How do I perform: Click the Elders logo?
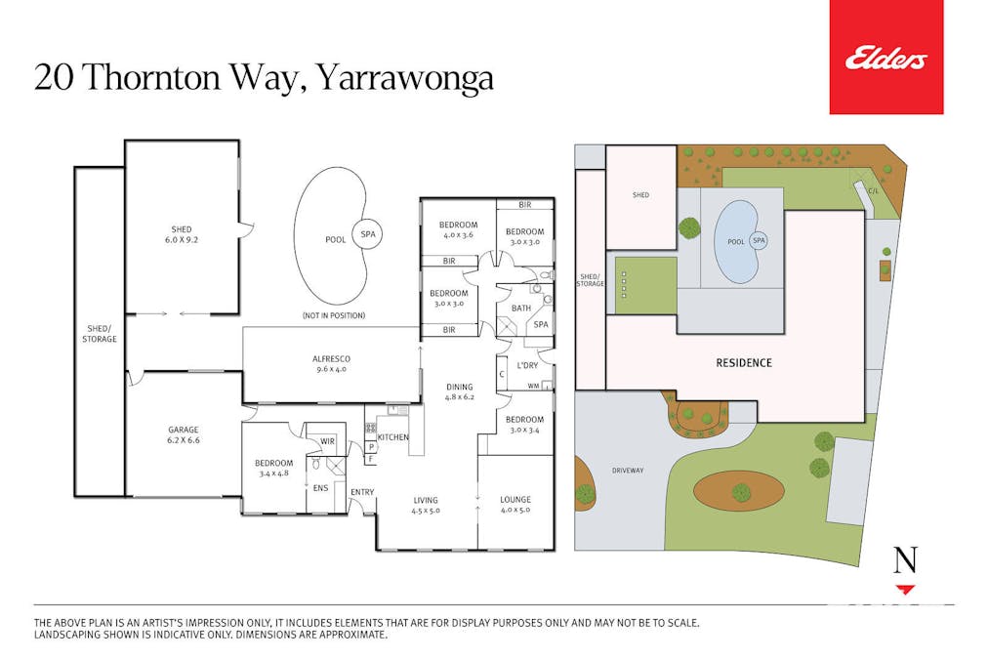coord(885,59)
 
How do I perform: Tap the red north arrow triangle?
coord(905,590)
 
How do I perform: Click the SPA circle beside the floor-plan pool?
coord(368,234)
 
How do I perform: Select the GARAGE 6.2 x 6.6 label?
coord(184,434)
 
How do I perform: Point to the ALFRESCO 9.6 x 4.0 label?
coord(331,363)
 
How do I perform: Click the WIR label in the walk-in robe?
coord(327,441)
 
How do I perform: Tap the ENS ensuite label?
coord(321,487)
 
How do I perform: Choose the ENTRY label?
coord(362,492)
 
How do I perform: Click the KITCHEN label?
coord(393,436)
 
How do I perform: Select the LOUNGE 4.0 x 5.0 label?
coord(515,504)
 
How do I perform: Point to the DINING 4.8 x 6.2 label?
coord(460,391)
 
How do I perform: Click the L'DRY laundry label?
coord(527,365)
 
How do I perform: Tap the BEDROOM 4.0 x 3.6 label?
coord(458,229)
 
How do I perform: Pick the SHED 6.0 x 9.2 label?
coord(182,234)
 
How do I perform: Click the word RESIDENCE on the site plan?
coord(744,363)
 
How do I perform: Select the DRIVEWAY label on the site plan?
coord(628,471)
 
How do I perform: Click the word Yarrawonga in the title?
coord(404,79)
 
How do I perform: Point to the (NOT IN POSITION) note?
coord(334,315)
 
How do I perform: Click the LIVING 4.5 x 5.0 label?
coord(426,506)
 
